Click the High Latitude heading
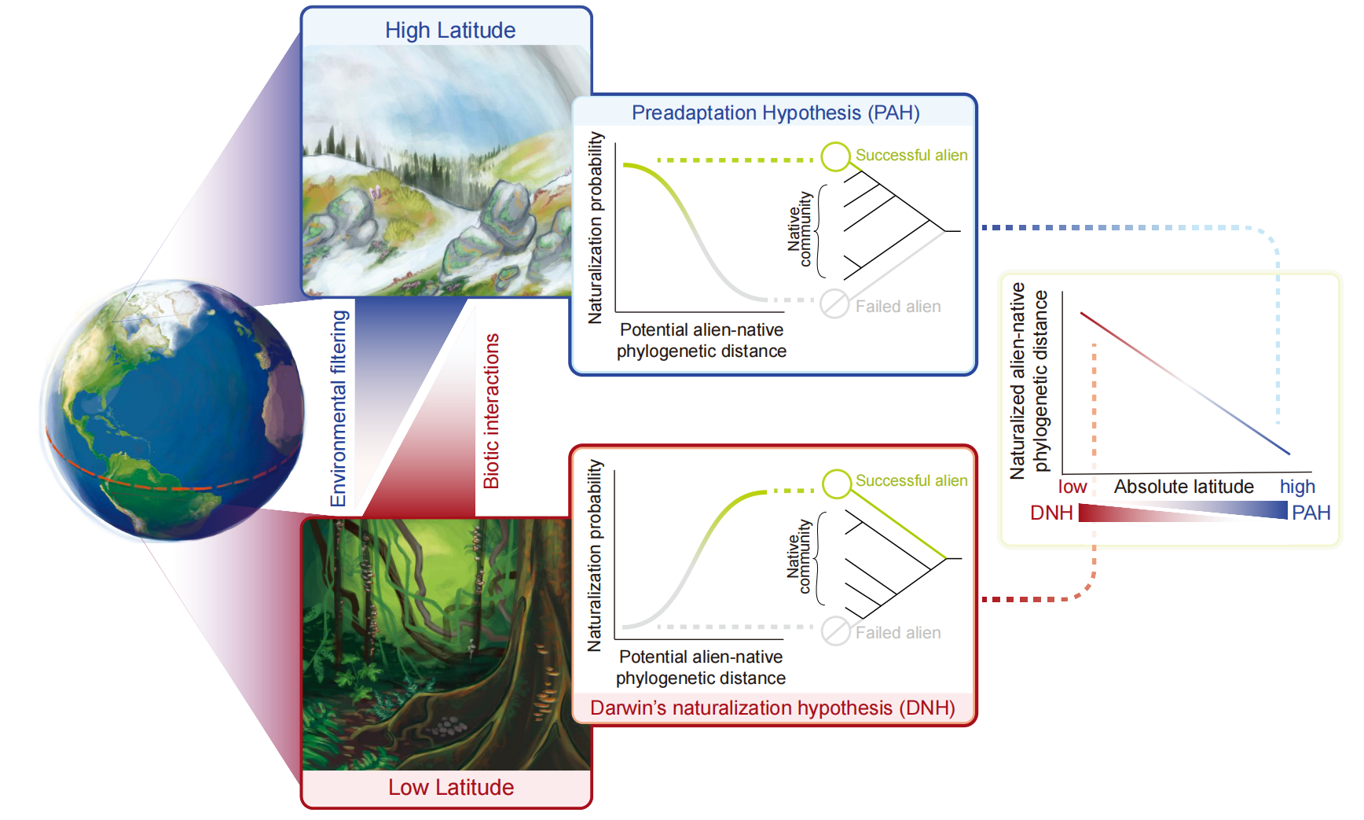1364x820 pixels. pyautogui.click(x=450, y=31)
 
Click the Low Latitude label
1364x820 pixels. pyautogui.click(x=451, y=787)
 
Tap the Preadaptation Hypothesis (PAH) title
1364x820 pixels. pyautogui.click(x=775, y=112)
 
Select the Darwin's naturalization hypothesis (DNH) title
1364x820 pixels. pyautogui.click(x=772, y=708)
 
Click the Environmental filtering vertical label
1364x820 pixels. pyautogui.click(x=339, y=408)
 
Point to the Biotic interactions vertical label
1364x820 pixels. pyautogui.click(x=492, y=411)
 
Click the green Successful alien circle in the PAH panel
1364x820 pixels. pyautogui.click(x=835, y=156)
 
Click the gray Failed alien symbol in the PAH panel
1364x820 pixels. pyautogui.click(x=834, y=303)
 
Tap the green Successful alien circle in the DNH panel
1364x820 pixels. pyautogui.click(x=837, y=484)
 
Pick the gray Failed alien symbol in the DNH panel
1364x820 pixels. pyautogui.click(x=836, y=631)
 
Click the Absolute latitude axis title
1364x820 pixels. pyautogui.click(x=1183, y=487)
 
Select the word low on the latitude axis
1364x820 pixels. pyautogui.click(x=1072, y=487)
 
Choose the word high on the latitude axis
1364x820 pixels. pyautogui.click(x=1297, y=487)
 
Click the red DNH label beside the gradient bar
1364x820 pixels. pyautogui.click(x=1051, y=513)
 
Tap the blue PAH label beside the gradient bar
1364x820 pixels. pyautogui.click(x=1311, y=513)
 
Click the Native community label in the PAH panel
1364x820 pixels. pyautogui.click(x=800, y=229)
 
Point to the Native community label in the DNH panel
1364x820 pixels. pyautogui.click(x=799, y=557)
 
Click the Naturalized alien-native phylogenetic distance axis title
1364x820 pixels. pyautogui.click(x=1029, y=381)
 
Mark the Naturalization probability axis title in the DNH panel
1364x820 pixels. pyautogui.click(x=595, y=555)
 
